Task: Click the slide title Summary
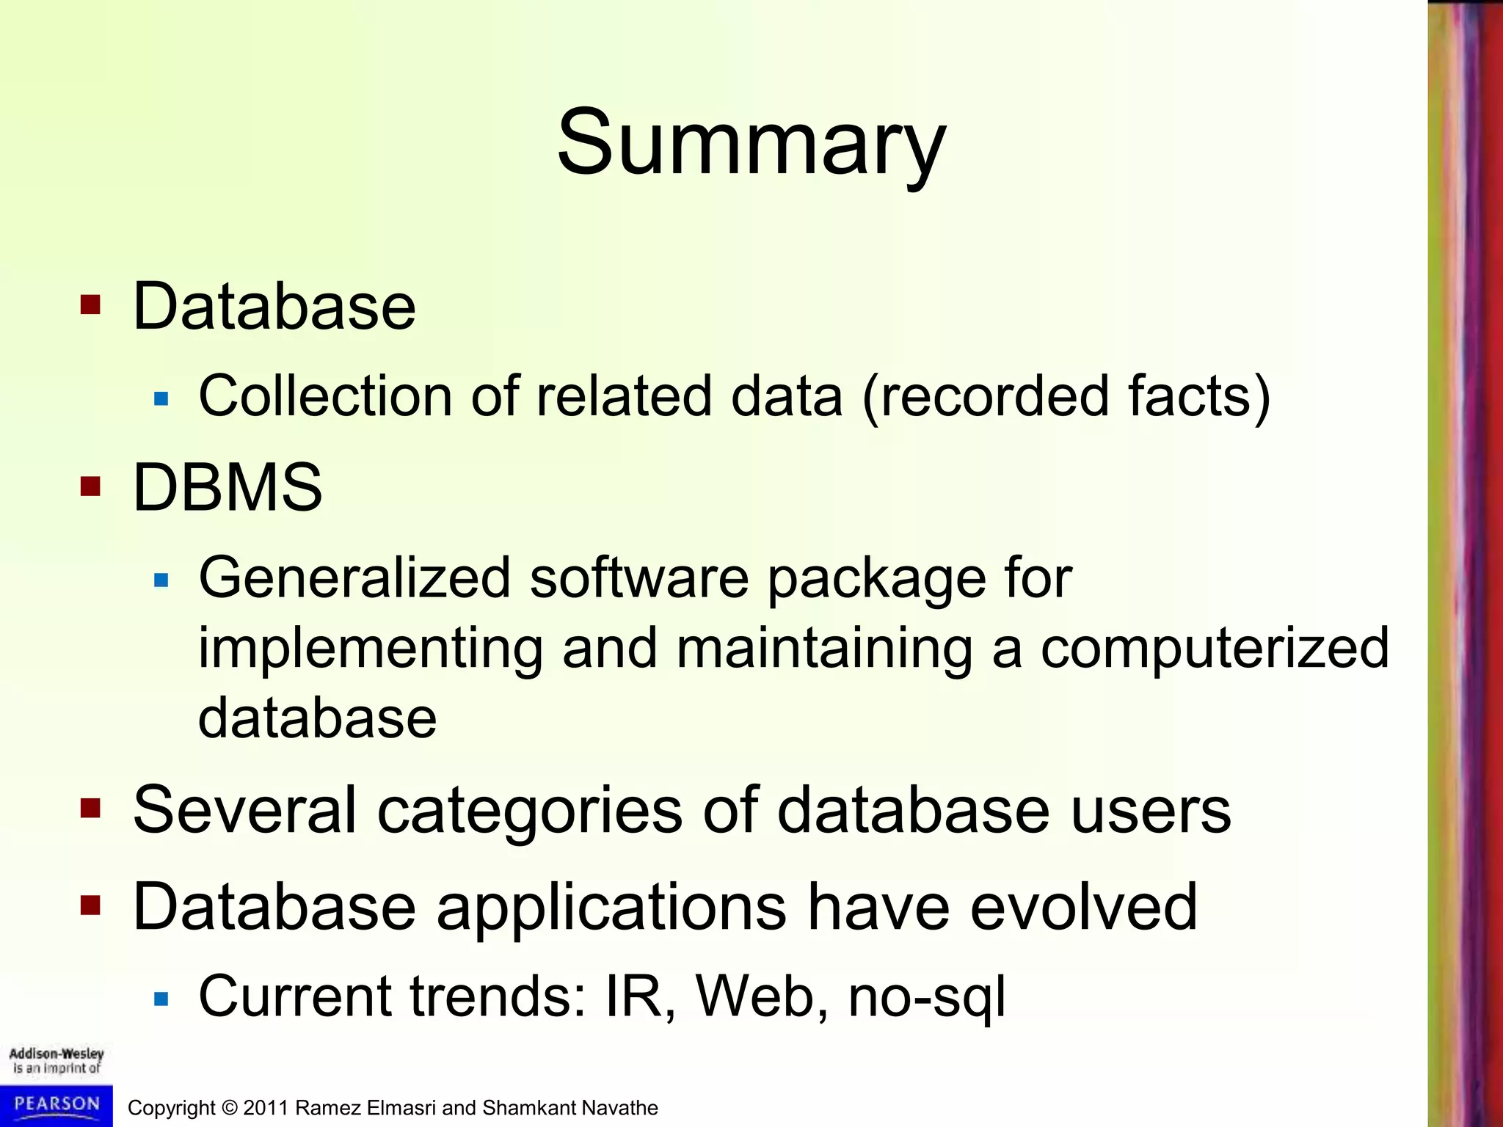[x=751, y=143]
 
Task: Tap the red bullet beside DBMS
[x=90, y=486]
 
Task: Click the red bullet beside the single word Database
[x=90, y=304]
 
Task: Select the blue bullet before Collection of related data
[x=161, y=399]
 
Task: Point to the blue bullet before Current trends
[x=161, y=999]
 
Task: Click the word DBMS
[x=228, y=488]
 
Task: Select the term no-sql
[x=926, y=997]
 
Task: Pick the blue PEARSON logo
[x=57, y=1105]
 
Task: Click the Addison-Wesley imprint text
[x=57, y=1061]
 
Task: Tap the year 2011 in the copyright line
[x=266, y=1108]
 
